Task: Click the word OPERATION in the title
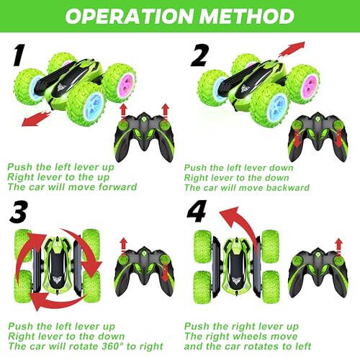[126, 15]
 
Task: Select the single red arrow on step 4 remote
[336, 246]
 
